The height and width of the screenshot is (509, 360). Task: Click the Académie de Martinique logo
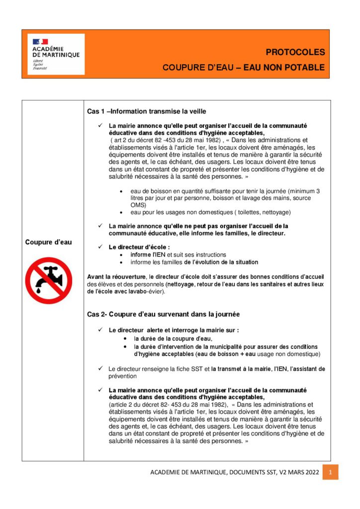point(56,54)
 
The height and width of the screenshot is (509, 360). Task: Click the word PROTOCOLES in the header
point(295,52)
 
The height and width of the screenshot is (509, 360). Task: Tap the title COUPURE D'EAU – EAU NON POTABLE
point(243,68)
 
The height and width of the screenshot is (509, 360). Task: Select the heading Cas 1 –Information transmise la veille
point(147,111)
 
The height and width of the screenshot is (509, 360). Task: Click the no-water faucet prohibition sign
point(49,280)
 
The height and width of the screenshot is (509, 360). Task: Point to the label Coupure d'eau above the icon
point(48,242)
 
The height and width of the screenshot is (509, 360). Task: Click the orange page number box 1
point(330,472)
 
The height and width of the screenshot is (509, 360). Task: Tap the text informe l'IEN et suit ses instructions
point(178,254)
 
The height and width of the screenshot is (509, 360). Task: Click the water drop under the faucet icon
point(39,288)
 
